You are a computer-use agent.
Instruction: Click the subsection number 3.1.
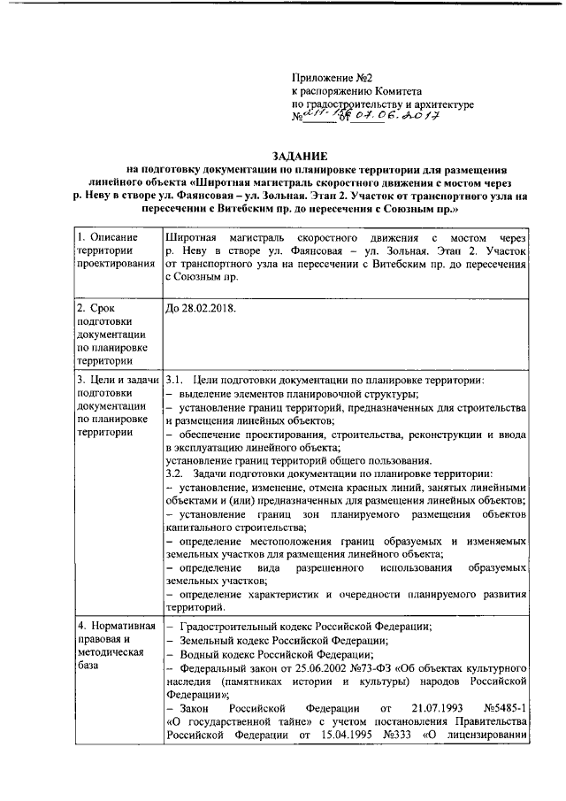tap(176, 381)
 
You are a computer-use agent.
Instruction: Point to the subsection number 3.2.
tap(176, 474)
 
